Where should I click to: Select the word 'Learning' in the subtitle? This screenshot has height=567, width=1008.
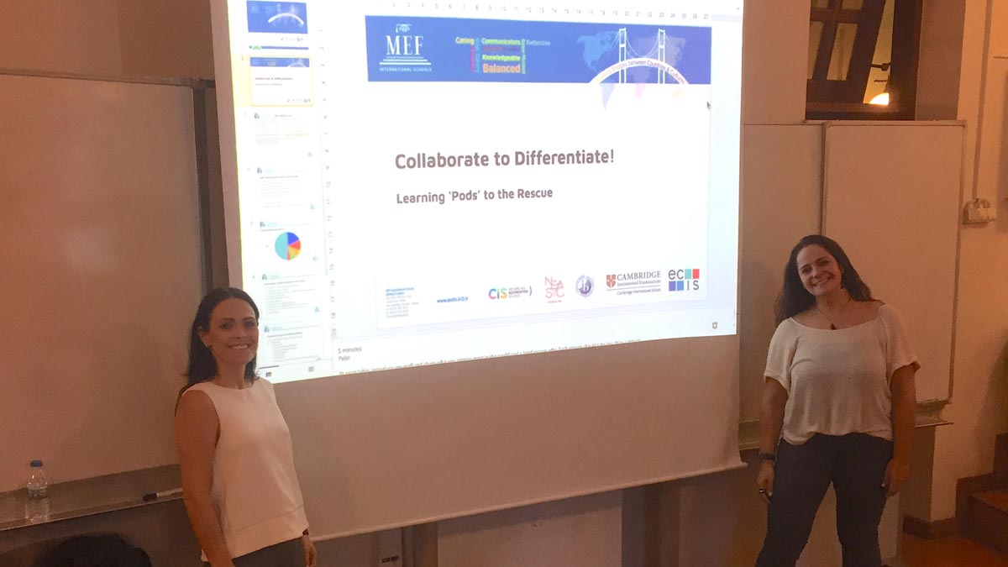(x=420, y=198)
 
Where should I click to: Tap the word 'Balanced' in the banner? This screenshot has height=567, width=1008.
(x=501, y=68)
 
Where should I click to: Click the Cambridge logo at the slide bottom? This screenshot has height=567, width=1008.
(x=633, y=281)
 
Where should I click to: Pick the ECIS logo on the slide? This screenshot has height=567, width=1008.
(x=684, y=279)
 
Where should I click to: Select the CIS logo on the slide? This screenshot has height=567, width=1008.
(x=508, y=292)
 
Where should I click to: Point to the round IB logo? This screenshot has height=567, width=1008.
(x=584, y=286)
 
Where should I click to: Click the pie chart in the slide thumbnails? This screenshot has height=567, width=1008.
(x=287, y=245)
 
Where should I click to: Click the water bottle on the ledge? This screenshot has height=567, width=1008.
(x=37, y=491)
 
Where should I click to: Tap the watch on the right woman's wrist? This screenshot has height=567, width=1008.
(x=765, y=457)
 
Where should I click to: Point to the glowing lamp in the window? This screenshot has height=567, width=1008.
(x=879, y=97)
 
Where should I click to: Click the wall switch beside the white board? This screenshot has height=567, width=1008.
(x=979, y=211)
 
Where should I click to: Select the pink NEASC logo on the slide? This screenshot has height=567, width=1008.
(x=554, y=288)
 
